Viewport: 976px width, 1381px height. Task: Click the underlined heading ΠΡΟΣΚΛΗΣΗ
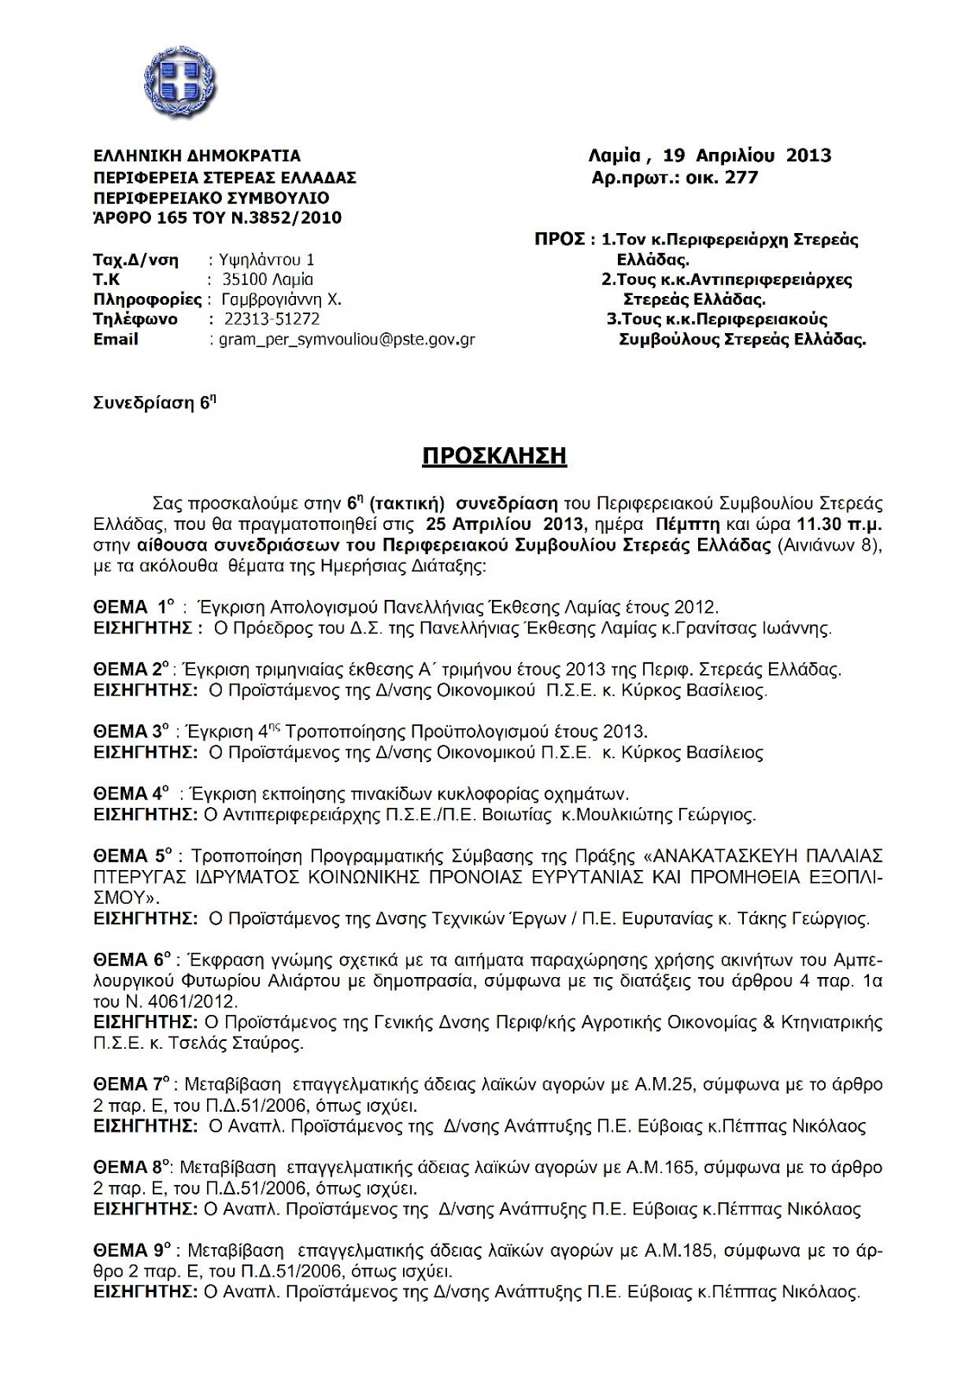tap(494, 455)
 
